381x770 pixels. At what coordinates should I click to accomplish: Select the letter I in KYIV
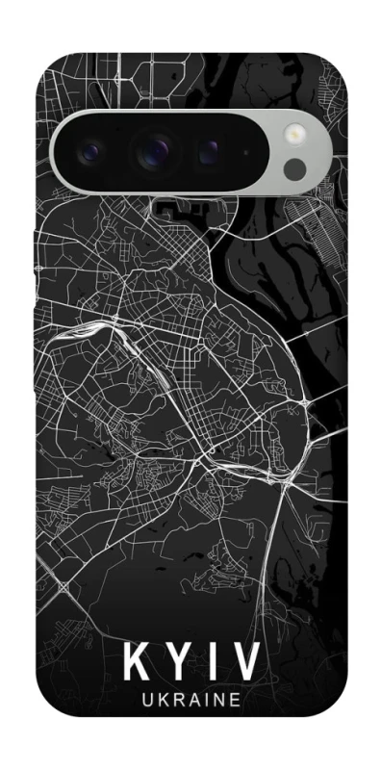[x=213, y=663]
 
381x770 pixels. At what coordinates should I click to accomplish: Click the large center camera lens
[x=152, y=151]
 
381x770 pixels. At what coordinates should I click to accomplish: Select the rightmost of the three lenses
[x=209, y=152]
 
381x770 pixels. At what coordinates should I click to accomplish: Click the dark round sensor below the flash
[x=295, y=169]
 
